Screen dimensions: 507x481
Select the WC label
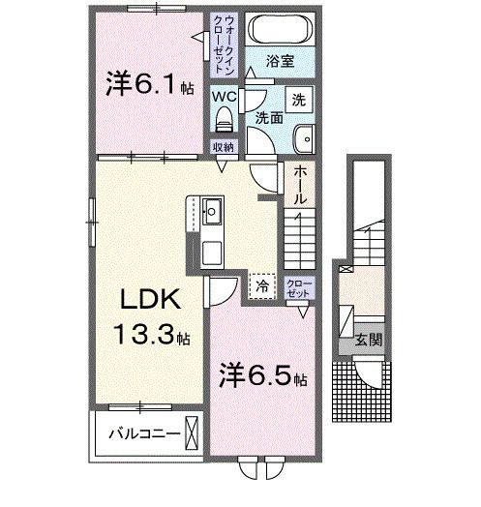click(x=225, y=97)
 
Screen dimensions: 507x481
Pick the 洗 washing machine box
click(x=300, y=99)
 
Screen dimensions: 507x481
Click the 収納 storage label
click(x=224, y=147)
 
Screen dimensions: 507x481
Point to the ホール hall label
click(x=301, y=183)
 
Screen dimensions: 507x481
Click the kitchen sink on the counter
click(x=214, y=210)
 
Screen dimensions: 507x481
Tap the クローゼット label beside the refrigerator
click(x=300, y=287)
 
